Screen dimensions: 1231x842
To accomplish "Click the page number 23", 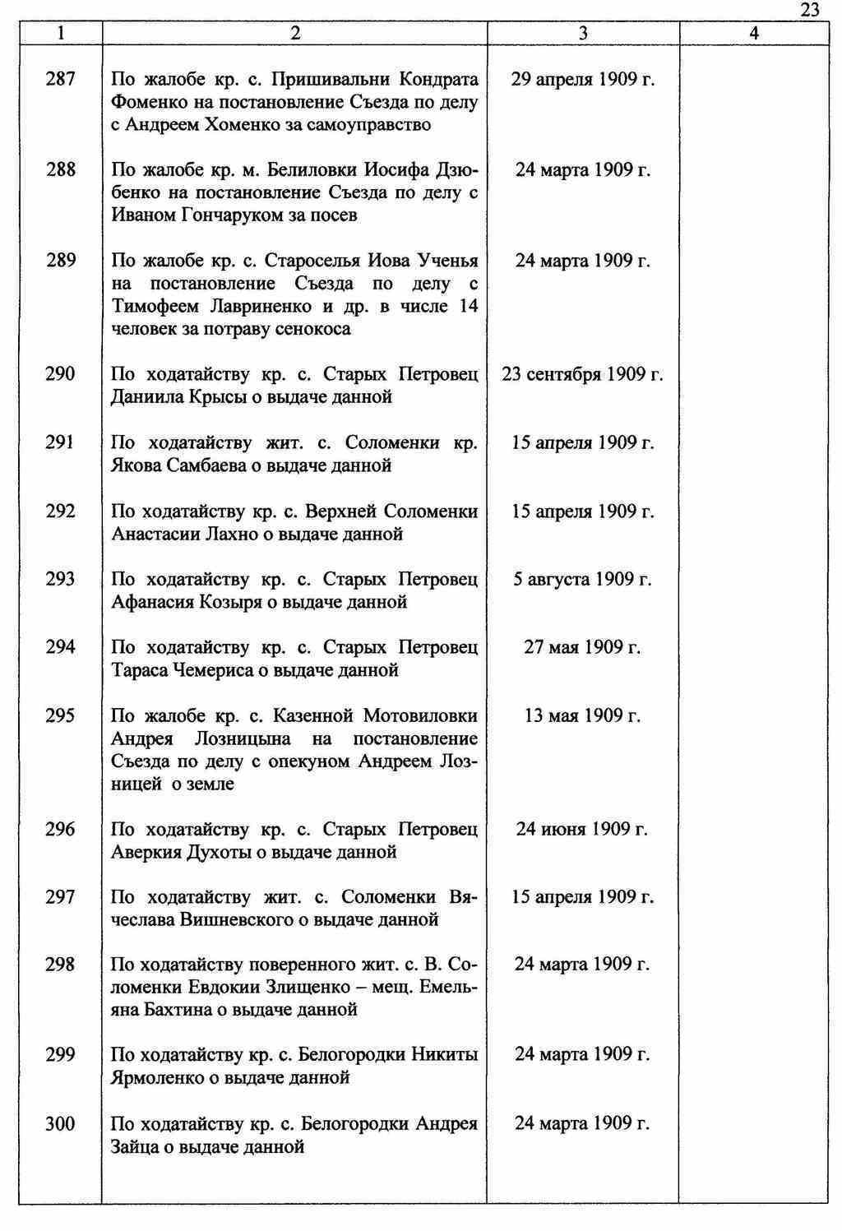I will [x=809, y=10].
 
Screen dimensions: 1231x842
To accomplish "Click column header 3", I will [x=582, y=33].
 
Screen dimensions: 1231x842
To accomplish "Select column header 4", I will [x=754, y=33].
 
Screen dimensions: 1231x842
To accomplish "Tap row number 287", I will [x=60, y=80].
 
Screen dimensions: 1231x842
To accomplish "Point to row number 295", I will [x=60, y=715].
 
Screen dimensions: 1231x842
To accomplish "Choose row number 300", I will [x=60, y=1123].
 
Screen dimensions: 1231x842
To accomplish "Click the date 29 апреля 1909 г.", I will [x=582, y=80].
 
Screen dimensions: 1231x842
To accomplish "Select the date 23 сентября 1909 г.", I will [x=582, y=374].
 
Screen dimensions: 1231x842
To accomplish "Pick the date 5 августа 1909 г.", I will [x=582, y=579].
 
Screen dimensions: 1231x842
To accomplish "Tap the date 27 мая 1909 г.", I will [x=582, y=647].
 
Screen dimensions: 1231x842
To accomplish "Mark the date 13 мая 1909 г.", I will [x=582, y=715].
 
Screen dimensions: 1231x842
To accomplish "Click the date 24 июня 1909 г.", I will [x=582, y=829].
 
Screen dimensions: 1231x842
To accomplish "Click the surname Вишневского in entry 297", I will [x=234, y=919].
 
